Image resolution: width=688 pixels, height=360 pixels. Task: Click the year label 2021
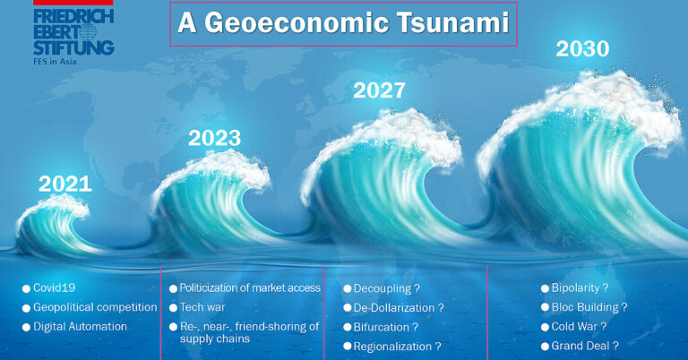[64, 184]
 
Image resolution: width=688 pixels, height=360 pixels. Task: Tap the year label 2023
[214, 138]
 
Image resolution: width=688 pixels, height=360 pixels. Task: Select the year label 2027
[379, 90]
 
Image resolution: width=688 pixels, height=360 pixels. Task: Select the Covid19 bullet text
[55, 288]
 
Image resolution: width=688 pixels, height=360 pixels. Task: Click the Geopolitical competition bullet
[95, 307]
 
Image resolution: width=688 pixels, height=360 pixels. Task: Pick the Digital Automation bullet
[80, 326]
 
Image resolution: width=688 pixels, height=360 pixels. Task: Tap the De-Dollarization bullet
[398, 308]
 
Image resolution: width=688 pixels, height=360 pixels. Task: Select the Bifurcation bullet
[386, 327]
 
